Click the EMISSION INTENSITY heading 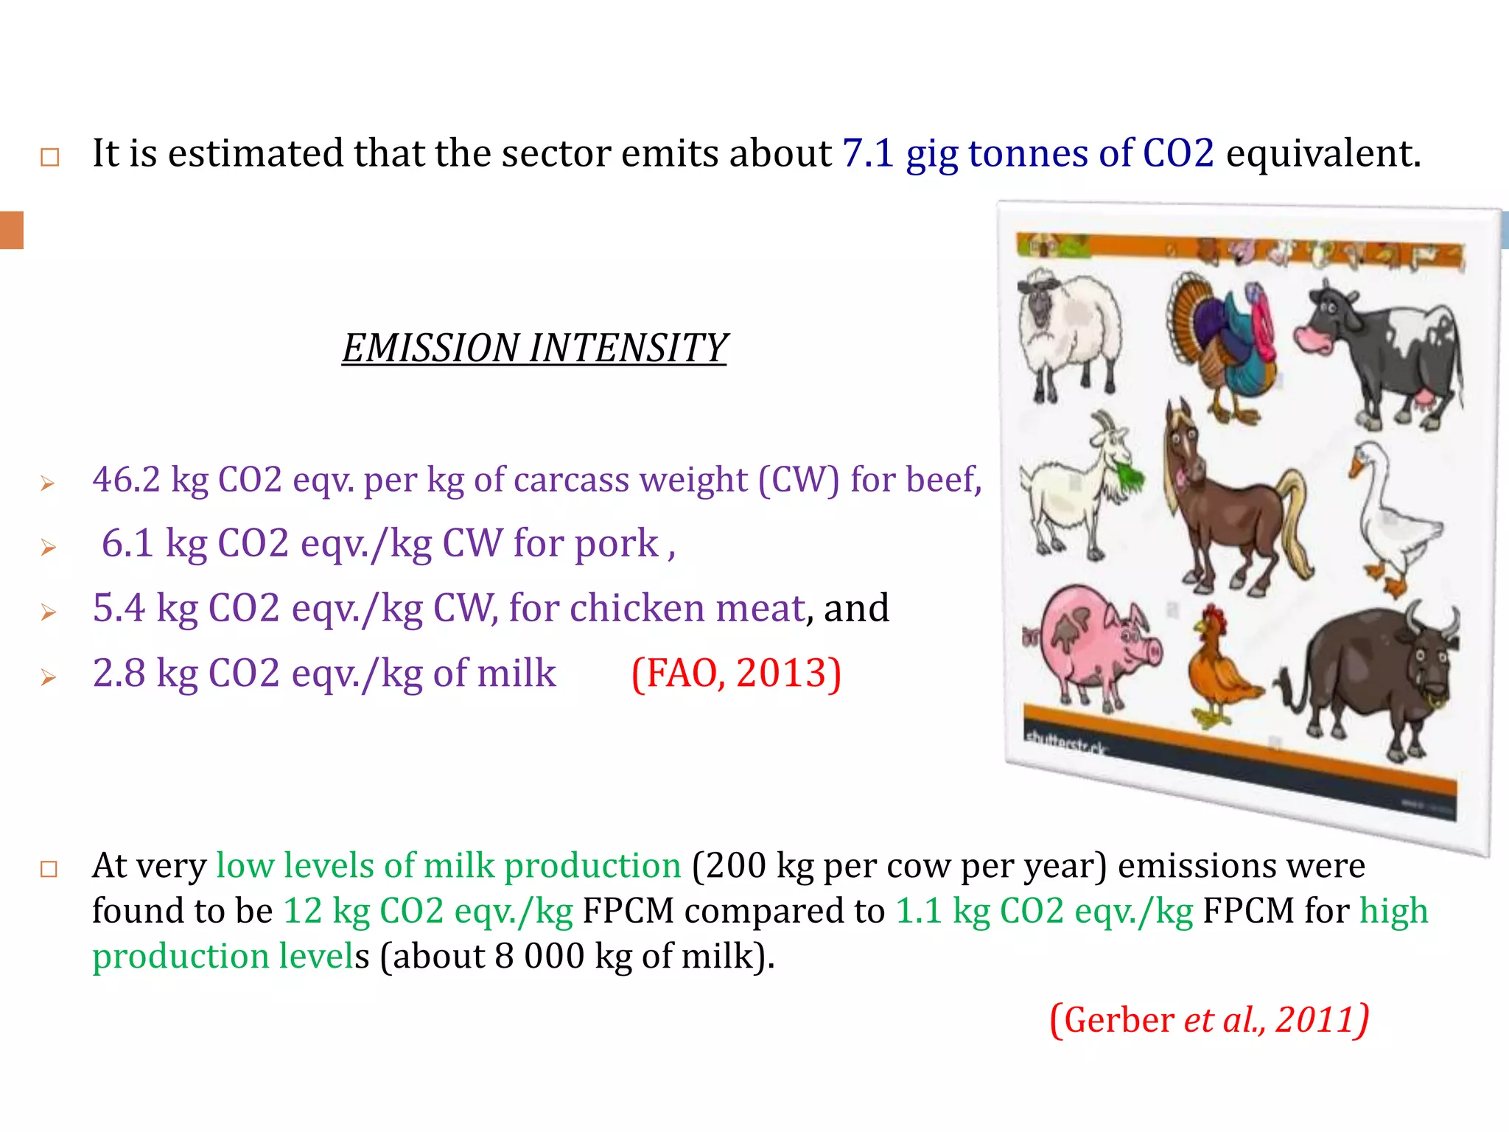click(534, 348)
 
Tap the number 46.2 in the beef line click(126, 480)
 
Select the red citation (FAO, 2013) click(736, 673)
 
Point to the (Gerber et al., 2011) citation click(1209, 1020)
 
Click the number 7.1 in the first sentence click(867, 153)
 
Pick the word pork click(616, 544)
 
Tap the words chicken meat click(687, 609)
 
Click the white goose click(1389, 516)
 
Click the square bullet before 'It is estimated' click(49, 157)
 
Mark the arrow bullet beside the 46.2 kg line click(48, 483)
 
